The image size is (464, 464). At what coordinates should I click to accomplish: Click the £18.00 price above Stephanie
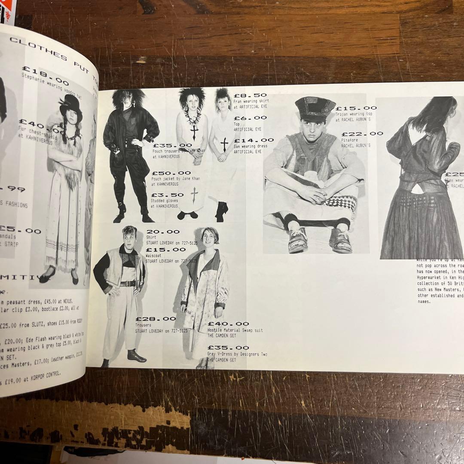(45, 75)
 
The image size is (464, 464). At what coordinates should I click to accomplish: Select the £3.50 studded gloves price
(167, 195)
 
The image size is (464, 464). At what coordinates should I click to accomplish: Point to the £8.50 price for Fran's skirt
(250, 95)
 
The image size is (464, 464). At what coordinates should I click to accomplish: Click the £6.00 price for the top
(250, 118)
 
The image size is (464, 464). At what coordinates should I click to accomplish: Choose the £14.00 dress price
(253, 140)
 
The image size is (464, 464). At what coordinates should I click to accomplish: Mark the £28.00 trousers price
(156, 319)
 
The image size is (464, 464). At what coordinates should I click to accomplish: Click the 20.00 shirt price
(163, 232)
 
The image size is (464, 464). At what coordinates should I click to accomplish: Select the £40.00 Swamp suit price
(228, 324)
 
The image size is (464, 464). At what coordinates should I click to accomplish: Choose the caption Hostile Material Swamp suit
(235, 330)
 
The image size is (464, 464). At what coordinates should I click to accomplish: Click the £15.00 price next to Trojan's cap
(356, 108)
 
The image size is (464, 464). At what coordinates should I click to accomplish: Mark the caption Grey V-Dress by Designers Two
(237, 354)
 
